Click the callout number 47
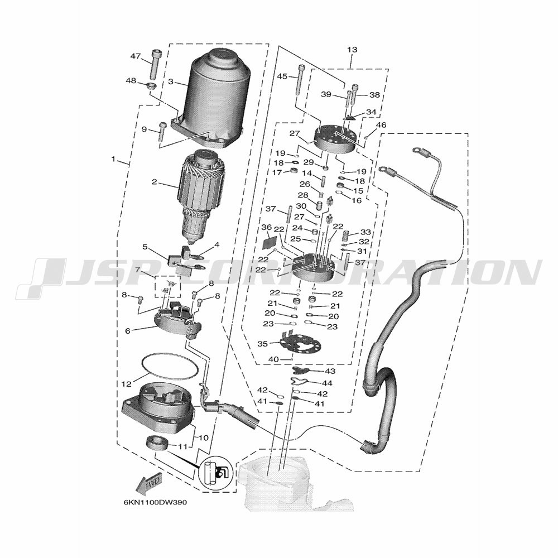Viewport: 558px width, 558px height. click(136, 56)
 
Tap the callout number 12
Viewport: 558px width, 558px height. click(127, 384)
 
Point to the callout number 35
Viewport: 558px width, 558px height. click(262, 344)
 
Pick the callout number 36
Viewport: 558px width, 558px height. click(266, 227)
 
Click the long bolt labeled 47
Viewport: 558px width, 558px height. click(155, 64)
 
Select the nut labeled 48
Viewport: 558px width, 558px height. click(153, 85)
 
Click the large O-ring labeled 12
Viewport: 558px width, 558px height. click(170, 367)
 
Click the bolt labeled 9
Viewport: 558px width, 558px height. click(162, 132)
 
